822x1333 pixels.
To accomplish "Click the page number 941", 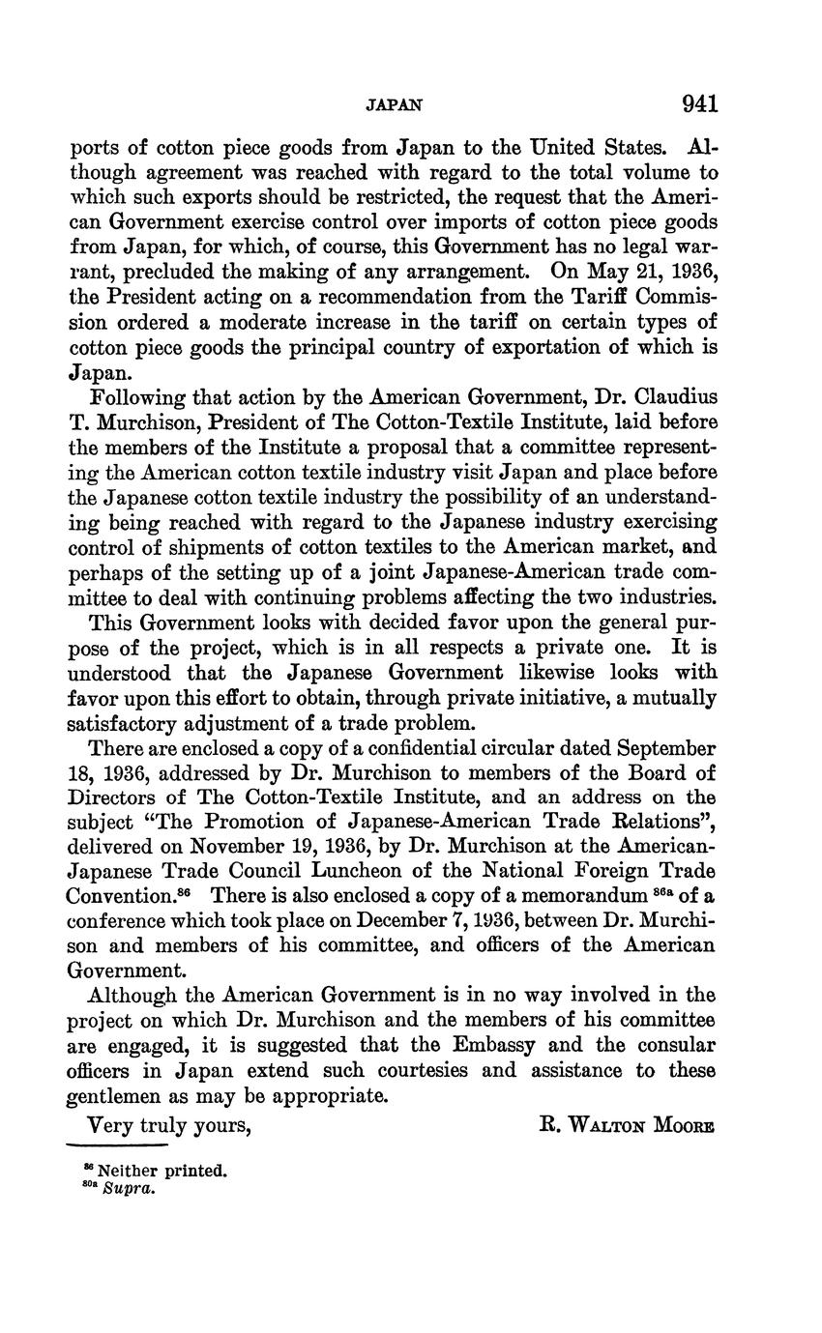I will tap(699, 103).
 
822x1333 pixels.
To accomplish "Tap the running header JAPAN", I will tap(395, 104).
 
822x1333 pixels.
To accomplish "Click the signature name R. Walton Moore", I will tap(626, 1124).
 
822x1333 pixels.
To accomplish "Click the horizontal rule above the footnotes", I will tap(117, 1146).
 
